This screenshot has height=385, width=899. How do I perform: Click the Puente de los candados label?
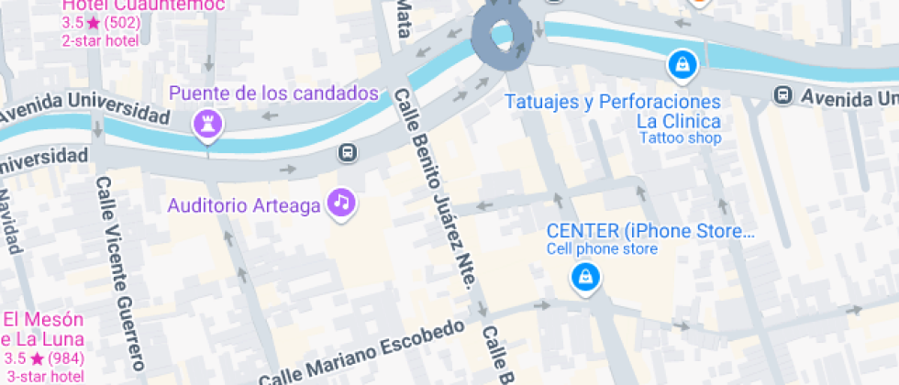(273, 93)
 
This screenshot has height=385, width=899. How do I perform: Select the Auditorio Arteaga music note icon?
(342, 202)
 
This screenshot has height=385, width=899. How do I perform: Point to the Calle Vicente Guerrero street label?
(119, 275)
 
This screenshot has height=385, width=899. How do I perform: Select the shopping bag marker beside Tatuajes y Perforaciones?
(683, 64)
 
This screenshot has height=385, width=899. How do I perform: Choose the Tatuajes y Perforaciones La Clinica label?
(614, 111)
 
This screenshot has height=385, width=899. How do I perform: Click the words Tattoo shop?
(680, 138)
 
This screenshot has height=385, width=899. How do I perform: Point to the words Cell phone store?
(602, 249)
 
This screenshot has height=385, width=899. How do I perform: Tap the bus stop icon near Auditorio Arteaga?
(348, 151)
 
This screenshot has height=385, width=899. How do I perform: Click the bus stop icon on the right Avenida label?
(782, 94)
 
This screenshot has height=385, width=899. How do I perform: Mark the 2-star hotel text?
(100, 40)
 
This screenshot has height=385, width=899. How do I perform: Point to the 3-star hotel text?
(44, 376)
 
